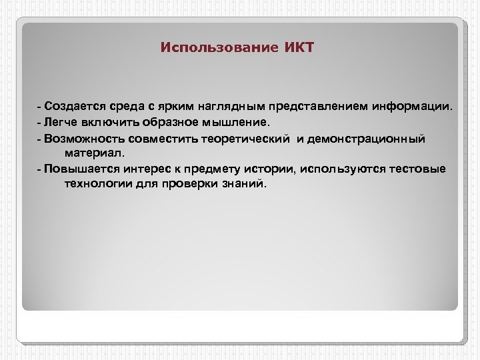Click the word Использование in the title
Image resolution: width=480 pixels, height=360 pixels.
pos(213,48)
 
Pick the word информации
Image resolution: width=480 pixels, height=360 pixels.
pos(411,106)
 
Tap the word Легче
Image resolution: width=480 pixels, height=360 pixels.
pos(61,122)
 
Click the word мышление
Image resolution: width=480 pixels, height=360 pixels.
pos(241,122)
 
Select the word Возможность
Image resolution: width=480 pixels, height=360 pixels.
pos(83,138)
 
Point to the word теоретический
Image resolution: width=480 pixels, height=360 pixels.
pos(247,138)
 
